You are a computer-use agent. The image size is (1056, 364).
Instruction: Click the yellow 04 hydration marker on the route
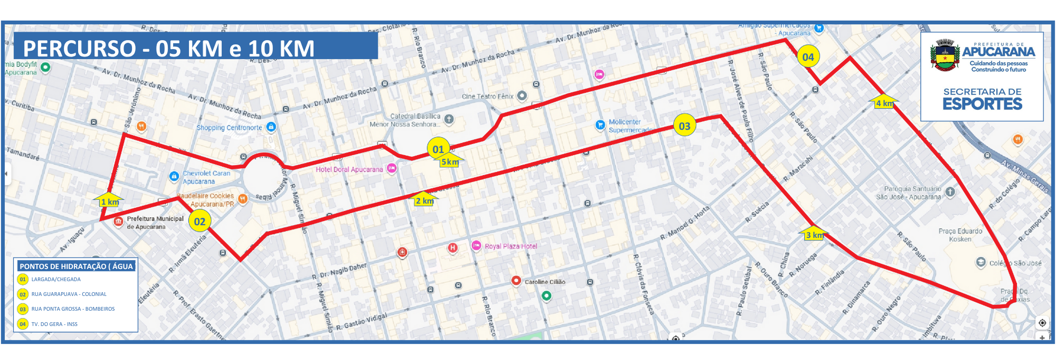(x=808, y=57)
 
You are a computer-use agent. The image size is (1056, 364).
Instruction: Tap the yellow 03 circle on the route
(x=684, y=126)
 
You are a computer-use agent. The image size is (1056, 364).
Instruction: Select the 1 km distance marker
(x=110, y=201)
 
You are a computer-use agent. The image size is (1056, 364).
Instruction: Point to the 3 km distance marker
(x=814, y=234)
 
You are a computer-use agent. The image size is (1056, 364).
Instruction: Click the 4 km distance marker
(x=884, y=103)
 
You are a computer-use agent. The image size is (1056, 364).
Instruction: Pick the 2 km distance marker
(x=424, y=200)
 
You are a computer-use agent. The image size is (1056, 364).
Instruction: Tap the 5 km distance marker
(x=450, y=161)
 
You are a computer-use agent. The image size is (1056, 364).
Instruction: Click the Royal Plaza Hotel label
(x=510, y=246)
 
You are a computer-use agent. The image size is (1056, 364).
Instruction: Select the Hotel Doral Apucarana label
(x=349, y=169)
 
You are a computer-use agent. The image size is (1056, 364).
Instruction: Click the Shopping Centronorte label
(x=229, y=128)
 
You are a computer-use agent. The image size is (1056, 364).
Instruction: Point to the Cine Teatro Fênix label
(x=487, y=97)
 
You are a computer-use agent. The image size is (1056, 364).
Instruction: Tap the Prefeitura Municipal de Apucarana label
(x=155, y=223)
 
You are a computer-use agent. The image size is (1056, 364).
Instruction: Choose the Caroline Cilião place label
(x=544, y=282)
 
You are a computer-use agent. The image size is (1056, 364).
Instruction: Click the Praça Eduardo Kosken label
(x=960, y=235)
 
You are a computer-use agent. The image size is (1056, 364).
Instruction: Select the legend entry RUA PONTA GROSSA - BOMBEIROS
(x=73, y=309)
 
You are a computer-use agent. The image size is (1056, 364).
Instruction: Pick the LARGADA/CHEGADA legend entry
(x=56, y=280)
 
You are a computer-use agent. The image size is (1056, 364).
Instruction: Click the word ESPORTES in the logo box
(x=982, y=104)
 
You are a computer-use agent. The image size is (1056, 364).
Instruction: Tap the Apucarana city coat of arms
(x=945, y=55)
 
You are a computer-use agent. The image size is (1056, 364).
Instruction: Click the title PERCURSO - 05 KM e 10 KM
(x=168, y=49)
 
